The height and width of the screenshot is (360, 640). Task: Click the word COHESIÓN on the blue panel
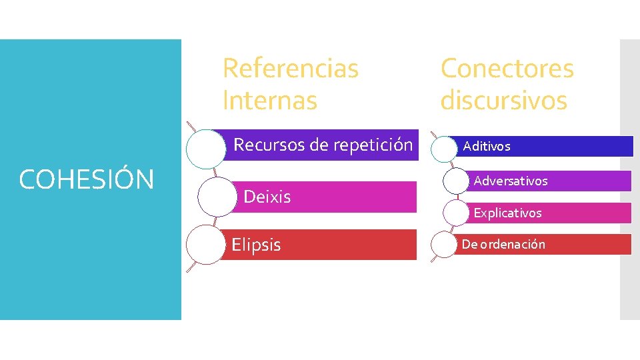(87, 179)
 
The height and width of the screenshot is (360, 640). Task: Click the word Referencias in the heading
(290, 68)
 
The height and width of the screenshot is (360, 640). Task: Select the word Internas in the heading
(269, 101)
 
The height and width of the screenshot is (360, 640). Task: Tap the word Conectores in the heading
(507, 68)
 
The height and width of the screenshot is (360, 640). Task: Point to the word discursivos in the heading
(503, 101)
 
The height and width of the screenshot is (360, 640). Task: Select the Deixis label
(267, 197)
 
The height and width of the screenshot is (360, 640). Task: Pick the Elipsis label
(256, 245)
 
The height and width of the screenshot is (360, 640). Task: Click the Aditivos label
(487, 146)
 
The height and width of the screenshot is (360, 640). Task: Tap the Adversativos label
(511, 181)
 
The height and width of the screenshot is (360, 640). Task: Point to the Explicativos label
(507, 213)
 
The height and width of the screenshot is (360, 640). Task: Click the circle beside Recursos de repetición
(205, 148)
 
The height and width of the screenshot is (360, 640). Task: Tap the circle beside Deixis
(217, 197)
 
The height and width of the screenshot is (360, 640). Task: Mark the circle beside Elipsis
(205, 245)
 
